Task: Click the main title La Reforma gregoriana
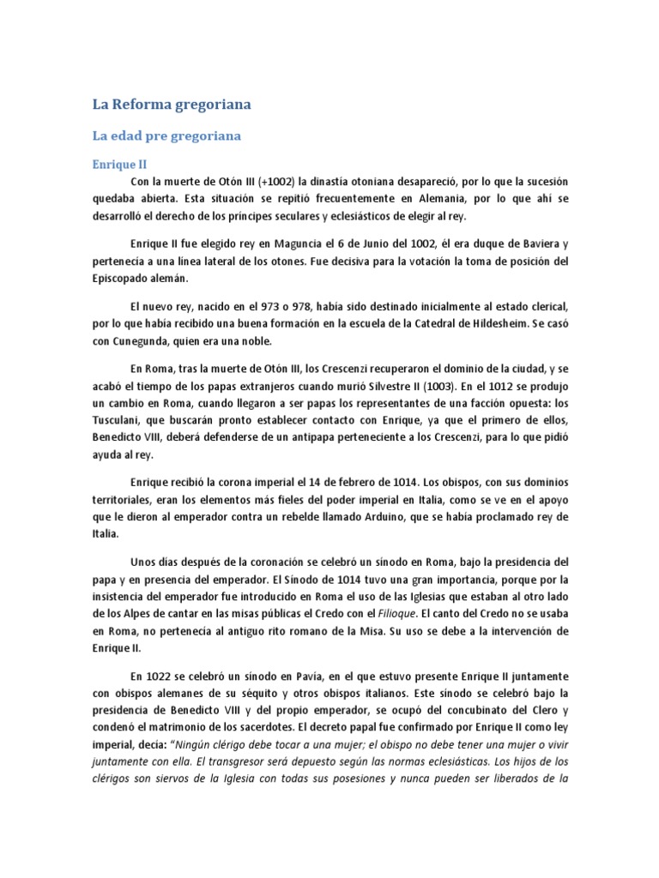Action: (x=172, y=105)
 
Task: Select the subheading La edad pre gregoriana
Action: (x=166, y=135)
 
